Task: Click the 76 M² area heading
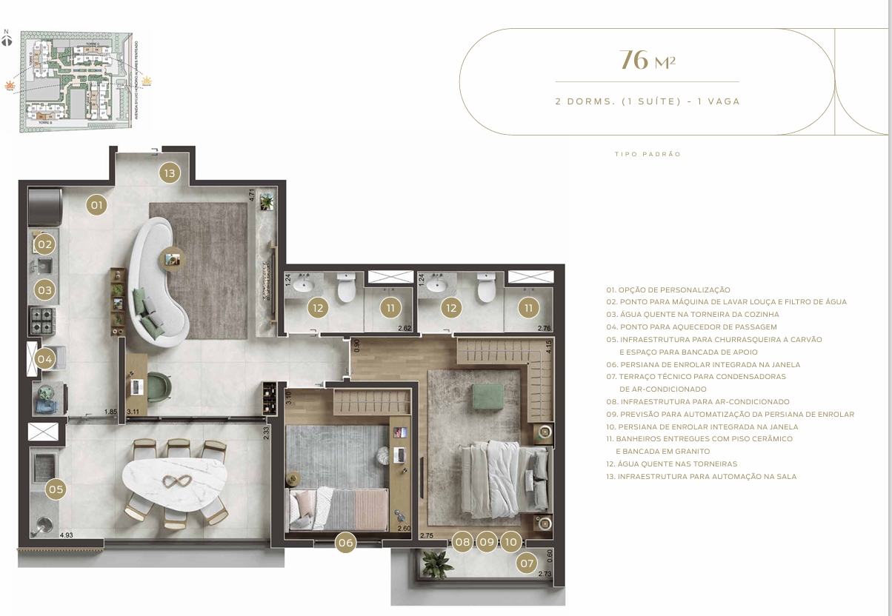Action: [x=648, y=60]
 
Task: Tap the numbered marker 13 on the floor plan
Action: [x=170, y=173]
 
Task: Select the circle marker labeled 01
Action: [x=97, y=204]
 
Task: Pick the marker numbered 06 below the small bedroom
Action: [x=345, y=543]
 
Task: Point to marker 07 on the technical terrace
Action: [x=527, y=563]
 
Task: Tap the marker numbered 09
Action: [x=487, y=542]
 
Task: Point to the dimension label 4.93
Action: [x=66, y=535]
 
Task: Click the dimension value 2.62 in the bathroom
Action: [x=405, y=328]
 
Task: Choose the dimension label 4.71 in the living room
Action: [x=252, y=196]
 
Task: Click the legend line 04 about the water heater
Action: [x=691, y=327]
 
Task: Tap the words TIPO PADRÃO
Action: [x=648, y=155]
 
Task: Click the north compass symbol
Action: [x=7, y=39]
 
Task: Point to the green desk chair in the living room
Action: [x=159, y=386]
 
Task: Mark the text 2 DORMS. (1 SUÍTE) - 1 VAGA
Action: [x=648, y=101]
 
